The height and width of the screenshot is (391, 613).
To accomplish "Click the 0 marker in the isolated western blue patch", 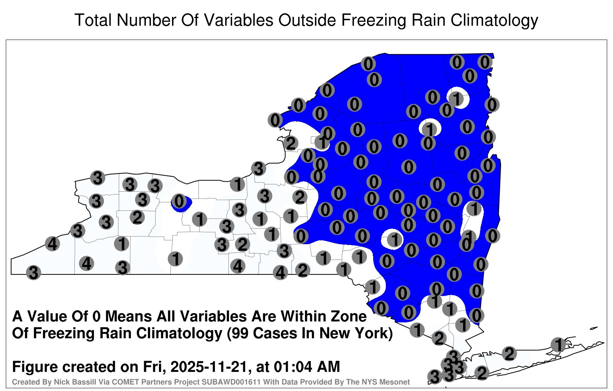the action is [179, 201].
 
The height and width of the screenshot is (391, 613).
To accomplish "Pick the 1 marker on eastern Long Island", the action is [558, 345].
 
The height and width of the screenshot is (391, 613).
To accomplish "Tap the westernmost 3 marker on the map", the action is [33, 273].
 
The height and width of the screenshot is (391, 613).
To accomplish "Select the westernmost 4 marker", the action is [52, 243].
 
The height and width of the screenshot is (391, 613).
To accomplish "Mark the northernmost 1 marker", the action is [456, 98].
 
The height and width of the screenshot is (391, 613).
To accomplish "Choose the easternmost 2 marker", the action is [509, 353].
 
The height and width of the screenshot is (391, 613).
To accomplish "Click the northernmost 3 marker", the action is [258, 168].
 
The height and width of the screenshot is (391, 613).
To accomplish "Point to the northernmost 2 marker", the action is [290, 143].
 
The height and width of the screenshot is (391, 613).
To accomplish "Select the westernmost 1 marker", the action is [121, 243].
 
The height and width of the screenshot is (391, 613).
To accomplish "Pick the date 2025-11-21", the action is [209, 366].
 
